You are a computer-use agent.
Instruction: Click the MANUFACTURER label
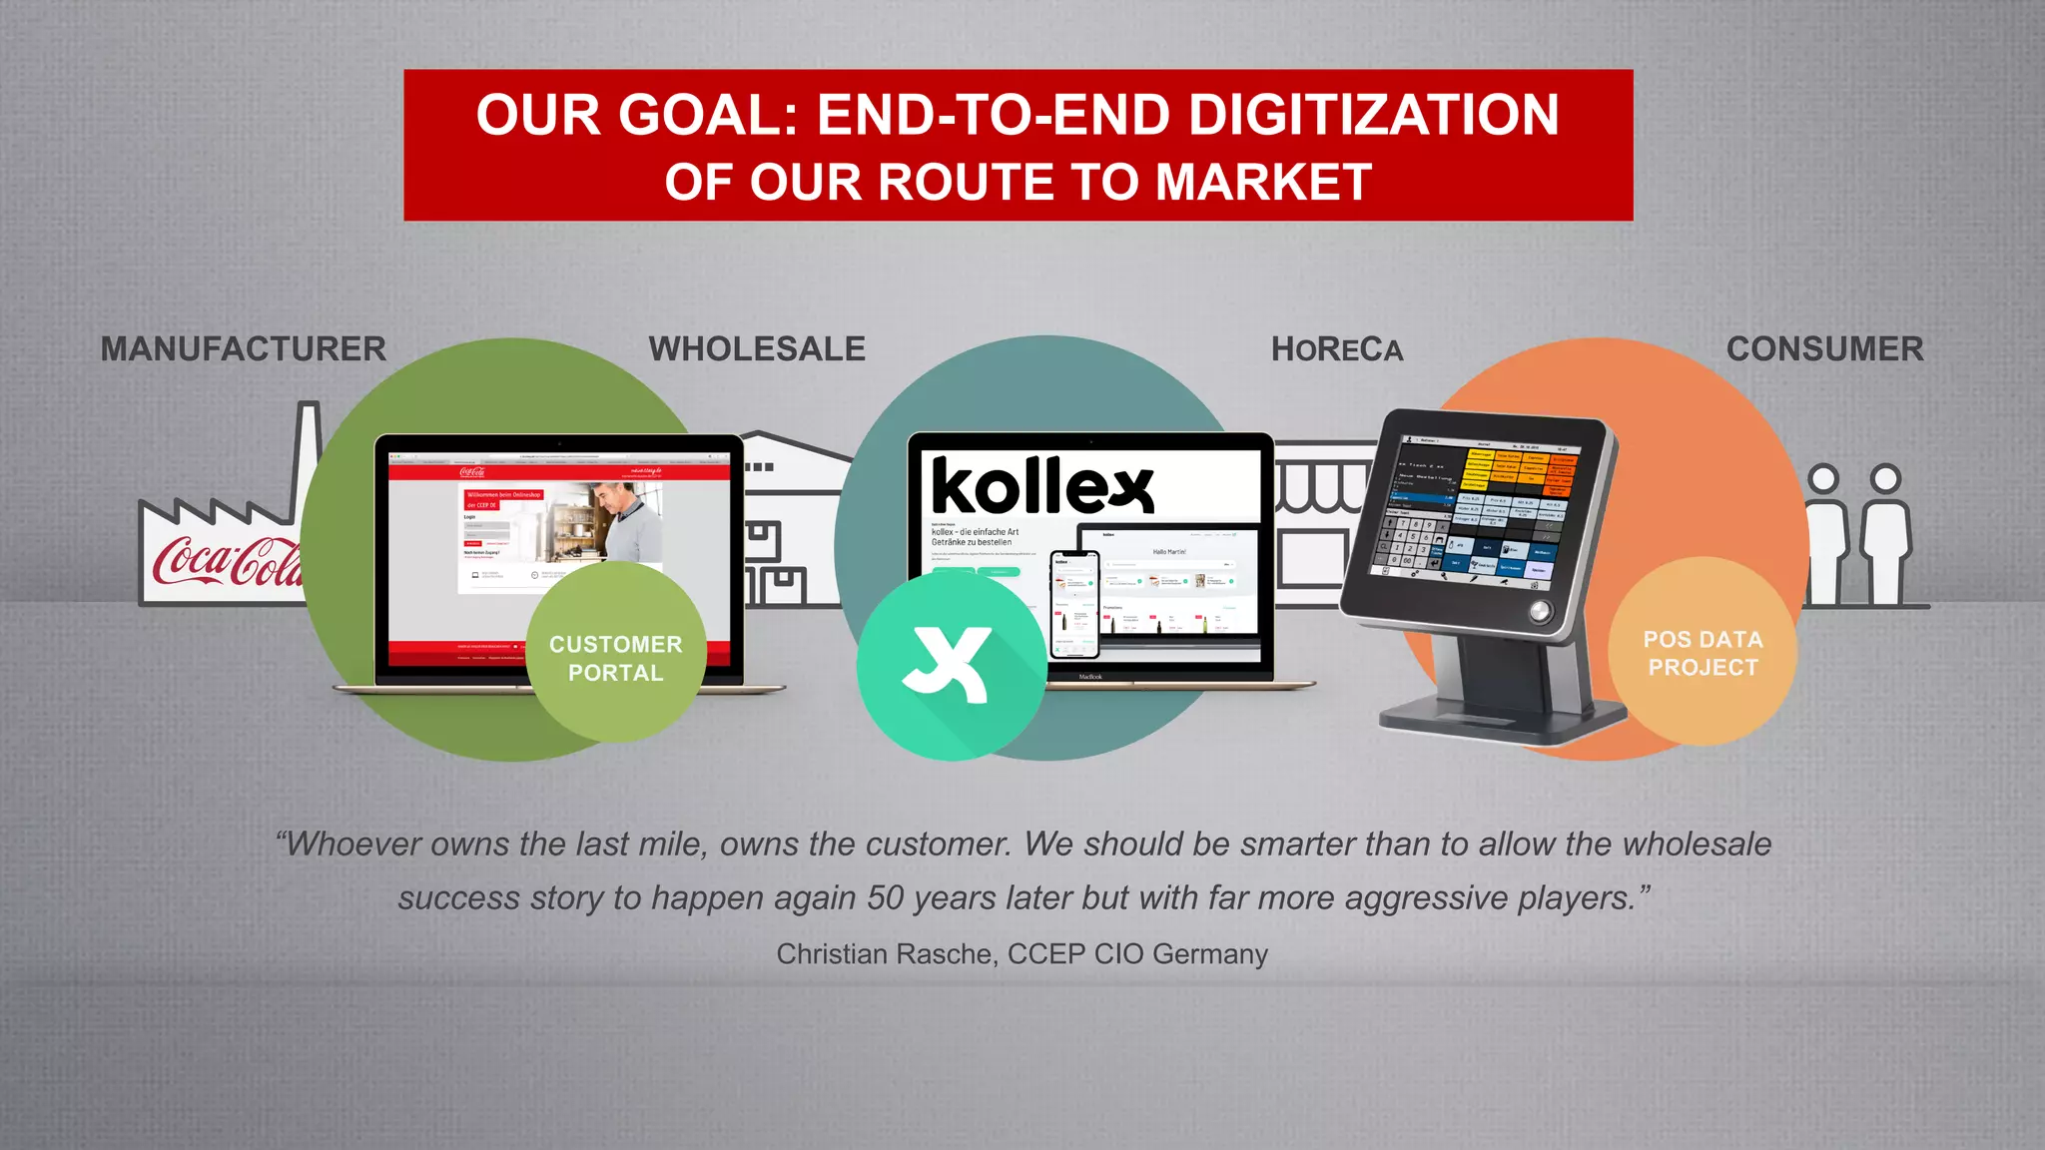pos(243,349)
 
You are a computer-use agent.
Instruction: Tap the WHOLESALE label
pos(757,349)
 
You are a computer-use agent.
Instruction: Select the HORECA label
pos(1337,349)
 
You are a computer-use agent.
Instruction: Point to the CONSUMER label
pos(1824,349)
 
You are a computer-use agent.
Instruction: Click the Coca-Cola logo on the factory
pos(225,561)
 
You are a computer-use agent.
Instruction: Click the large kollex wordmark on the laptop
pos(1042,486)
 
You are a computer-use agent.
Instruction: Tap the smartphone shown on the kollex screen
pos(1074,604)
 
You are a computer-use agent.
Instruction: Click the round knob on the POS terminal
pos(1540,611)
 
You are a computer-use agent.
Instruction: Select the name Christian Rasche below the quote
pos(886,954)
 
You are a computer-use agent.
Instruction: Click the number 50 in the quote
pos(885,898)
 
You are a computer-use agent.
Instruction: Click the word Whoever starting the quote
pos(353,845)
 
